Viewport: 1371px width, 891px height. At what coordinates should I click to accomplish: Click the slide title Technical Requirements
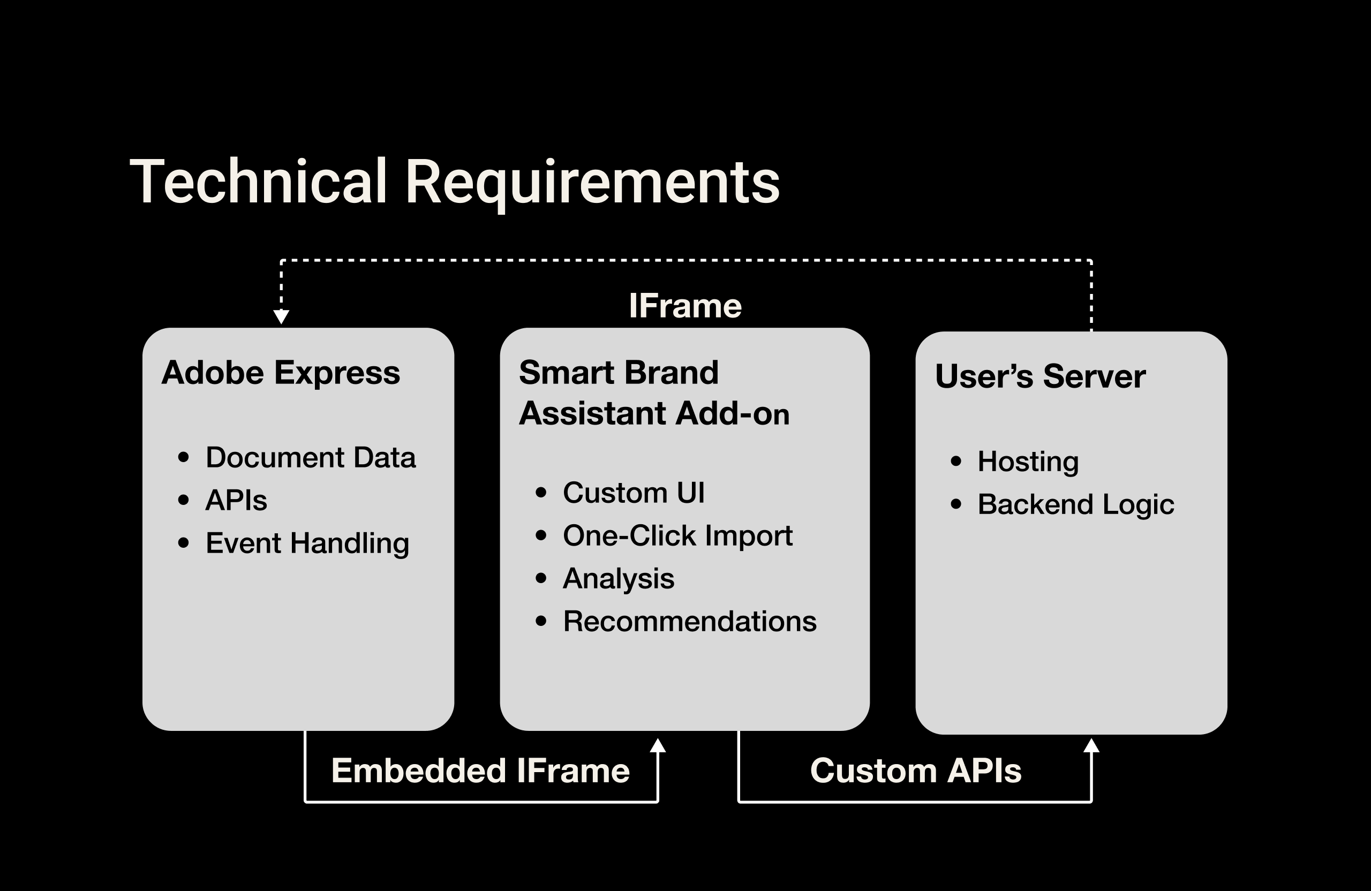click(455, 182)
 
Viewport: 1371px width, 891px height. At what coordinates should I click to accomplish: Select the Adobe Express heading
click(281, 373)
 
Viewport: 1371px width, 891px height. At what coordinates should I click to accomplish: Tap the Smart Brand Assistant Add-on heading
click(654, 393)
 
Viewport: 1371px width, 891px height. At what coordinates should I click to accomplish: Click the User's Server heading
click(1040, 376)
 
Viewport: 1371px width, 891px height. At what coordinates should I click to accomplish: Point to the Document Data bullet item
click(311, 457)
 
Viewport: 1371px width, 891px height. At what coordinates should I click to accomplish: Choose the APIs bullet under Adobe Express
click(236, 500)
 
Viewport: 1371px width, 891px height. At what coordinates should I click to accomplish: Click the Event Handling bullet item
click(307, 543)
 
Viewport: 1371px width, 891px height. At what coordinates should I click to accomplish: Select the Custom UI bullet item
click(634, 493)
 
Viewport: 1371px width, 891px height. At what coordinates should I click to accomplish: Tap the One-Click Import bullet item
click(677, 535)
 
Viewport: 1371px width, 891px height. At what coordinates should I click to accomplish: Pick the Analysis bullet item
click(618, 578)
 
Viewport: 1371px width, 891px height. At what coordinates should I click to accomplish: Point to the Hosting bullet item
click(1028, 462)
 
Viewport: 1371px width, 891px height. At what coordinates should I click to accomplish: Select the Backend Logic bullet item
click(1075, 504)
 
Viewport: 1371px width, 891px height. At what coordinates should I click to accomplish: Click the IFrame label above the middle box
click(685, 306)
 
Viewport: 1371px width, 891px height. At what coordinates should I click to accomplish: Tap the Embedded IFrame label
click(480, 771)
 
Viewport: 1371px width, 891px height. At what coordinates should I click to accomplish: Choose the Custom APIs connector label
click(915, 771)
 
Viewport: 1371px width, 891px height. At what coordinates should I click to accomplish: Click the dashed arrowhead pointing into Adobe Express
click(281, 317)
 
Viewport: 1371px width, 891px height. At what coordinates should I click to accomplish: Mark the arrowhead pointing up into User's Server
click(1091, 746)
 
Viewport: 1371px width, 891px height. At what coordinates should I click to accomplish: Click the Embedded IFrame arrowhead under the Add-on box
click(657, 746)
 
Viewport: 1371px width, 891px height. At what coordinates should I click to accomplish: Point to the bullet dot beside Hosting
click(956, 462)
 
